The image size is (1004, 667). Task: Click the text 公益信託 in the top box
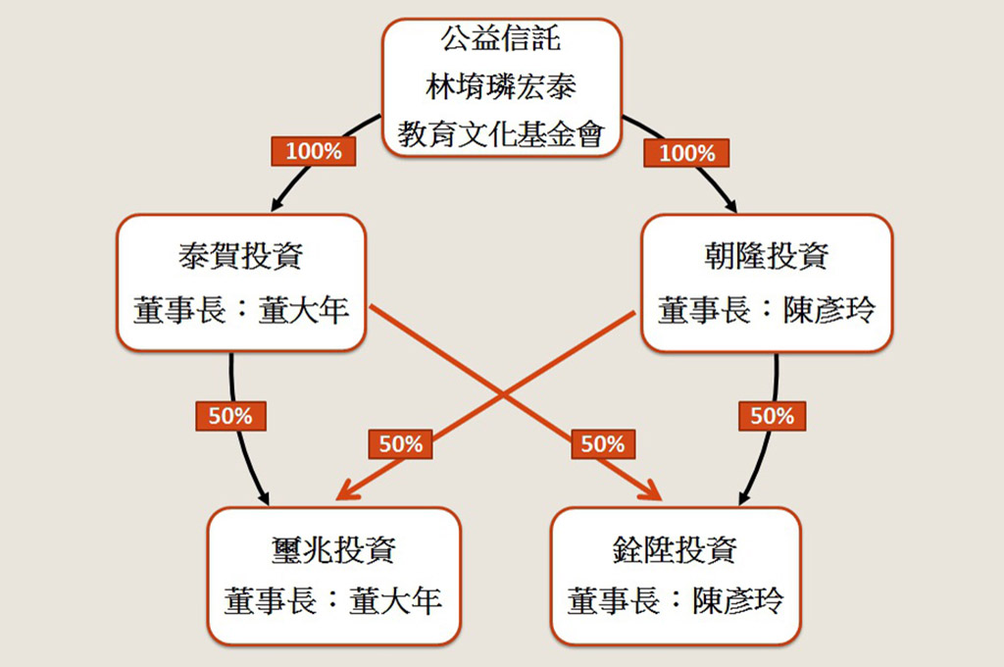[x=501, y=41]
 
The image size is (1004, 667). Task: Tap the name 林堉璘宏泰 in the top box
[x=501, y=86]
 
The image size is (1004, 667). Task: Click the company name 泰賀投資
[x=241, y=256]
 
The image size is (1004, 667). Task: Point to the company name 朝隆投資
[x=767, y=256]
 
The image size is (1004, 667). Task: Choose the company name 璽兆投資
[x=333, y=549]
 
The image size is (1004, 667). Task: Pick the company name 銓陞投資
[x=676, y=549]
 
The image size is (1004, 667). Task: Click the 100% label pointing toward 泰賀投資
[x=313, y=151]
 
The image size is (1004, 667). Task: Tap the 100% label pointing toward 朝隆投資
[x=687, y=153]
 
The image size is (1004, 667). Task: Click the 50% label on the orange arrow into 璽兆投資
[x=400, y=443]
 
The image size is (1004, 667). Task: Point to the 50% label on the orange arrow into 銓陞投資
[x=602, y=443]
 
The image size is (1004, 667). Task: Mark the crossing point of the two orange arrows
[x=503, y=394]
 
